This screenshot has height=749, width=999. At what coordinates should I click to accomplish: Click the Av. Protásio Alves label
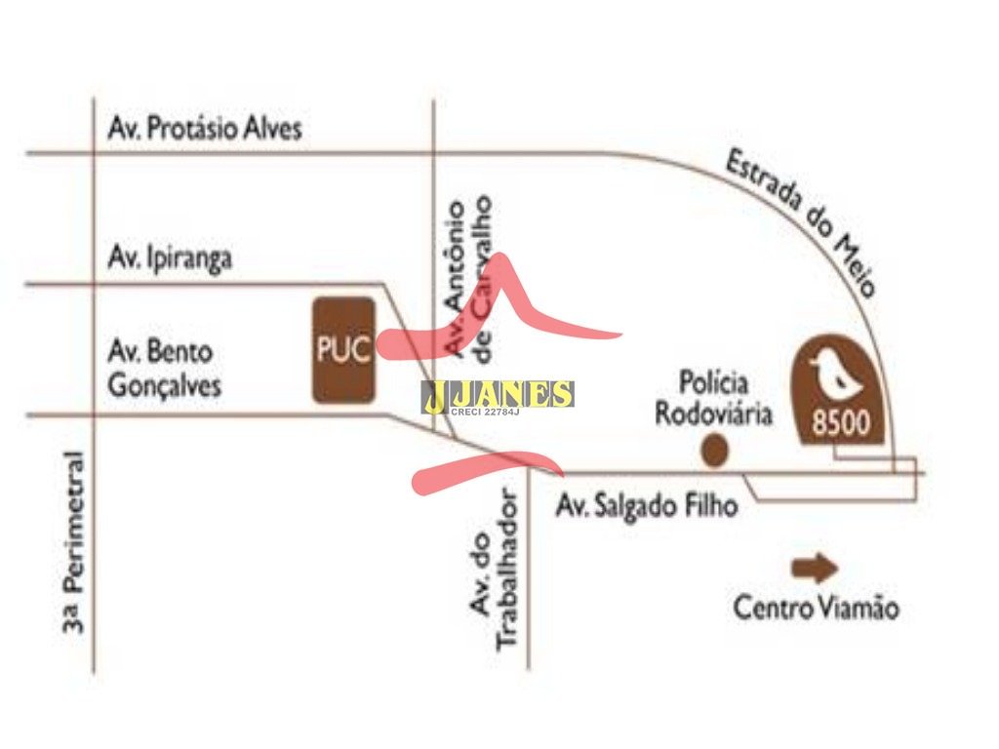point(205,129)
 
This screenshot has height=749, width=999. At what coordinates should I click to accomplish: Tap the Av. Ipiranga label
point(171,259)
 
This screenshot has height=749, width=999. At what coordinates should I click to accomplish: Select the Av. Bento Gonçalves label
point(164,368)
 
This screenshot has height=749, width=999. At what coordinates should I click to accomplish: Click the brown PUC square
point(343,350)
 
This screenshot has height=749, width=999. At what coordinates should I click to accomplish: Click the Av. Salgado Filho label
point(646,506)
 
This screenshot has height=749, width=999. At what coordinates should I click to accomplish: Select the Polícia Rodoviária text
point(713,398)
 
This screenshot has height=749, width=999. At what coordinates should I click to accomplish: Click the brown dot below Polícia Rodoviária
point(715,451)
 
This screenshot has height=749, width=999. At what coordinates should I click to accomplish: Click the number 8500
point(840,424)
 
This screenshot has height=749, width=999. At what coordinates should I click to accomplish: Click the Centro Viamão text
point(816,610)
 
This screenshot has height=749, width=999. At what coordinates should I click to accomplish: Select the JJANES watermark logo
point(498,394)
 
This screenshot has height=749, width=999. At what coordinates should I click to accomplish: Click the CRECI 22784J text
point(485,414)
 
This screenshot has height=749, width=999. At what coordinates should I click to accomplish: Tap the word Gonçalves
point(164,385)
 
